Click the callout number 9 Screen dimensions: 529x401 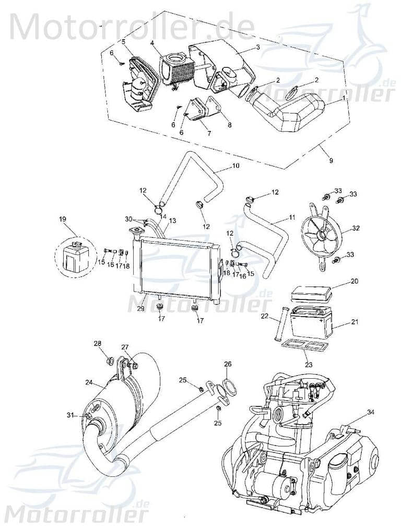tap(330, 161)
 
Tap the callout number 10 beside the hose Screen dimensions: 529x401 tap(235, 166)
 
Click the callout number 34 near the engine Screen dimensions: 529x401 tap(370, 412)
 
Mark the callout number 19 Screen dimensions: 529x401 tap(63, 220)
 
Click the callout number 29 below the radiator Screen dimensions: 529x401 tap(140, 309)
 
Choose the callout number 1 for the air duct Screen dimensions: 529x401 tap(343, 98)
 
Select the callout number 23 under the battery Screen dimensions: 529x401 tap(309, 365)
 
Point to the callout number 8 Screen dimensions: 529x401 tap(229, 125)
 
